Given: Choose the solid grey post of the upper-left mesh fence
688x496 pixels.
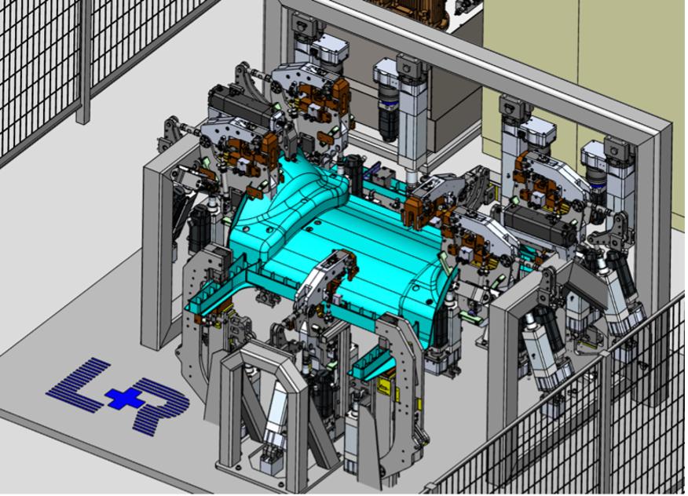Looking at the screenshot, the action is tap(83, 61).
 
